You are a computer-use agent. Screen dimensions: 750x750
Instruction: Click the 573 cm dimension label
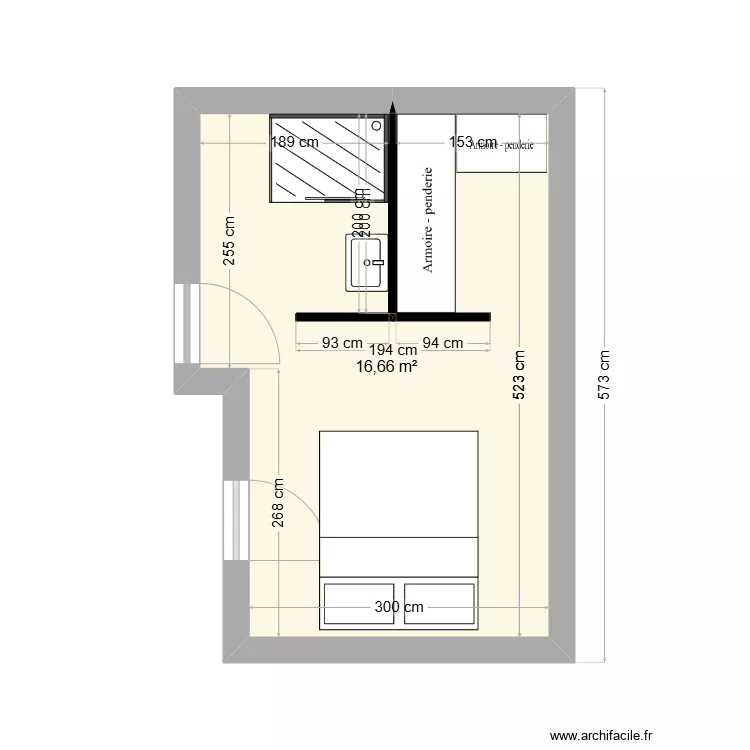(x=603, y=375)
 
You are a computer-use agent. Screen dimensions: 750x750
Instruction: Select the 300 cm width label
(x=399, y=607)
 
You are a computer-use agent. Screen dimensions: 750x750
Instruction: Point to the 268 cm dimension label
(x=279, y=501)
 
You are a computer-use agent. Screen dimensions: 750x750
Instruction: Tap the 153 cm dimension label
(x=472, y=142)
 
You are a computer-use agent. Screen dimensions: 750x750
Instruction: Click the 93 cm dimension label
(x=342, y=343)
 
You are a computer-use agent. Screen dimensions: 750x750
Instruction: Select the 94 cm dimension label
(x=443, y=343)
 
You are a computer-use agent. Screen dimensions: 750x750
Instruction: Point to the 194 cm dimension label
(x=393, y=350)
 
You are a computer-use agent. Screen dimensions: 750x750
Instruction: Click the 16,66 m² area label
(x=386, y=367)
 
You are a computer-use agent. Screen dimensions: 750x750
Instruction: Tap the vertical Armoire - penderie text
(x=427, y=220)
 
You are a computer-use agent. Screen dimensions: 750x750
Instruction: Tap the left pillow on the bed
(x=358, y=603)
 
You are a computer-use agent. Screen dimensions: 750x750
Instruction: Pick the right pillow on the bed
(x=438, y=603)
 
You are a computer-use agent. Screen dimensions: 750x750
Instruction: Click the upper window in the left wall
(x=183, y=324)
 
